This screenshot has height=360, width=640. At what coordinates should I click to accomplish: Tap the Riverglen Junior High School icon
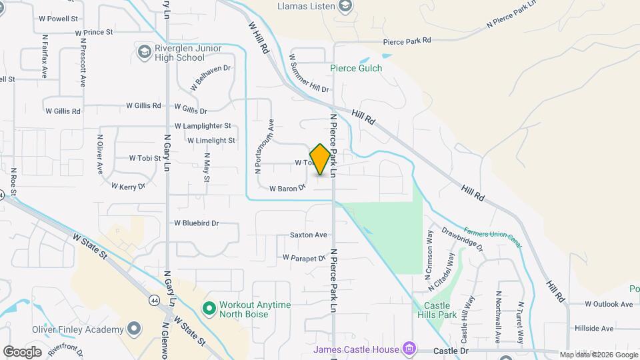[144, 51]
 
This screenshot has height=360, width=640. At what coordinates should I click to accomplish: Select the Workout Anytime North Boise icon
[209, 308]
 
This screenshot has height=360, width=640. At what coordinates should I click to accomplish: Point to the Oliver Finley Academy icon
[135, 329]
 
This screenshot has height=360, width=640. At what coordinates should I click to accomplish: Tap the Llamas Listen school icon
[345, 7]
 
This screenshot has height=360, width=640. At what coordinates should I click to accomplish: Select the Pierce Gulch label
[356, 68]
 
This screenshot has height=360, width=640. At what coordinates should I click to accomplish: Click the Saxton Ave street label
[308, 235]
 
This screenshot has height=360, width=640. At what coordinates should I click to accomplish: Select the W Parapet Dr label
[304, 257]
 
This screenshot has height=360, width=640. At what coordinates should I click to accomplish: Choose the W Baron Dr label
[287, 189]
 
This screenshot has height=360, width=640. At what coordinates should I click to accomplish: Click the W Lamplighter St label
[203, 125]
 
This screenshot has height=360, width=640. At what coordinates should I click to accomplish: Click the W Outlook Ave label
[609, 304]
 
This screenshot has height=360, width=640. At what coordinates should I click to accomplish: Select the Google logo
[22, 351]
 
